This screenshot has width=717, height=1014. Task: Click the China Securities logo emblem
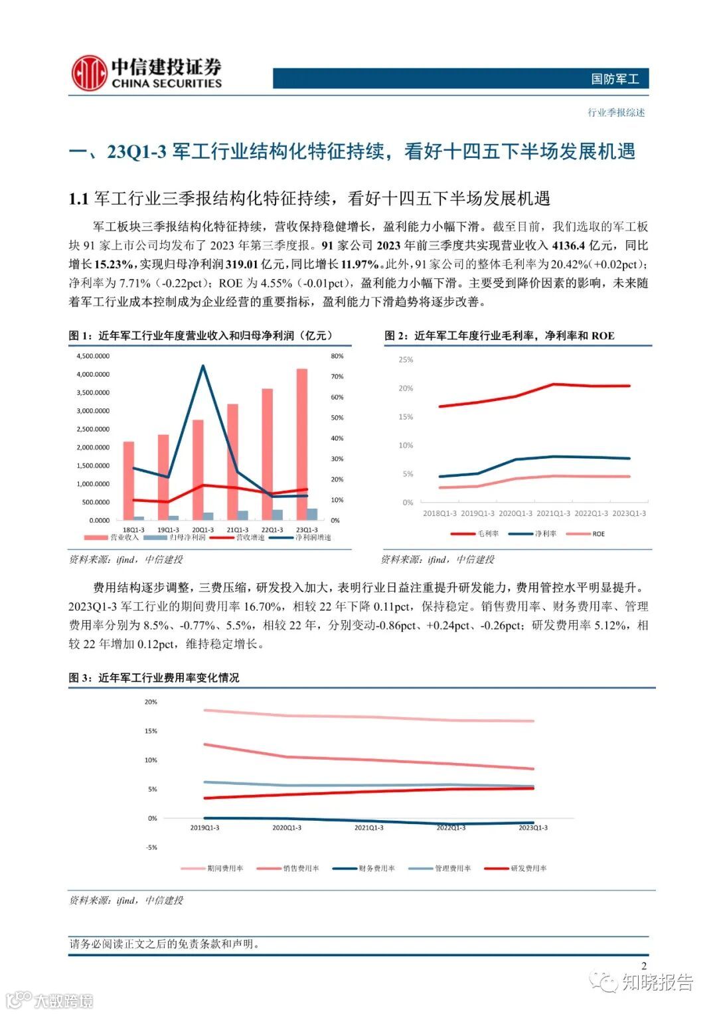89,73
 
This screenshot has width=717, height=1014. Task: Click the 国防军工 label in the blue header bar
615,79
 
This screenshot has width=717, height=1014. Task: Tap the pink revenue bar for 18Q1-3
129,480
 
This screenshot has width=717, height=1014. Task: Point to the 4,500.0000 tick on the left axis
93,356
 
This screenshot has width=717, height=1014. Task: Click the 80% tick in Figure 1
337,356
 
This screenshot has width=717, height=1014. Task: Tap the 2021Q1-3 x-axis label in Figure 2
553,513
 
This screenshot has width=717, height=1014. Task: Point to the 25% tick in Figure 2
406,360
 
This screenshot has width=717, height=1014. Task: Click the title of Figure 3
154,678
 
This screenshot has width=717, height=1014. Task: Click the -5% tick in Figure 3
151,847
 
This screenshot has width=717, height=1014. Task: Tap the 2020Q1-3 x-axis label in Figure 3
287,828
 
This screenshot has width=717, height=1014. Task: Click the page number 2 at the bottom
643,966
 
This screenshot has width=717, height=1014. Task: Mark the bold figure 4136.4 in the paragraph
568,246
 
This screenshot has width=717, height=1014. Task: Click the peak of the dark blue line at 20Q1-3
202,366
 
